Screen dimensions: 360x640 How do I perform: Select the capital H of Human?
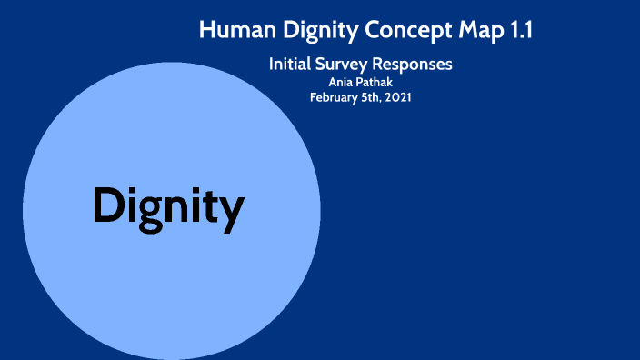[x=206, y=30]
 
